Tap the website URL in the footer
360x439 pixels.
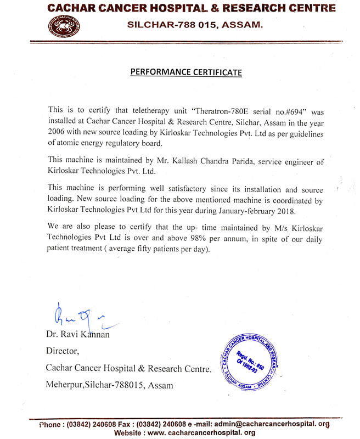tap(201, 432)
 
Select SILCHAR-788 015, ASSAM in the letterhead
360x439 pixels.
tap(195, 25)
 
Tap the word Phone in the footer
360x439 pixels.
tap(51, 424)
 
